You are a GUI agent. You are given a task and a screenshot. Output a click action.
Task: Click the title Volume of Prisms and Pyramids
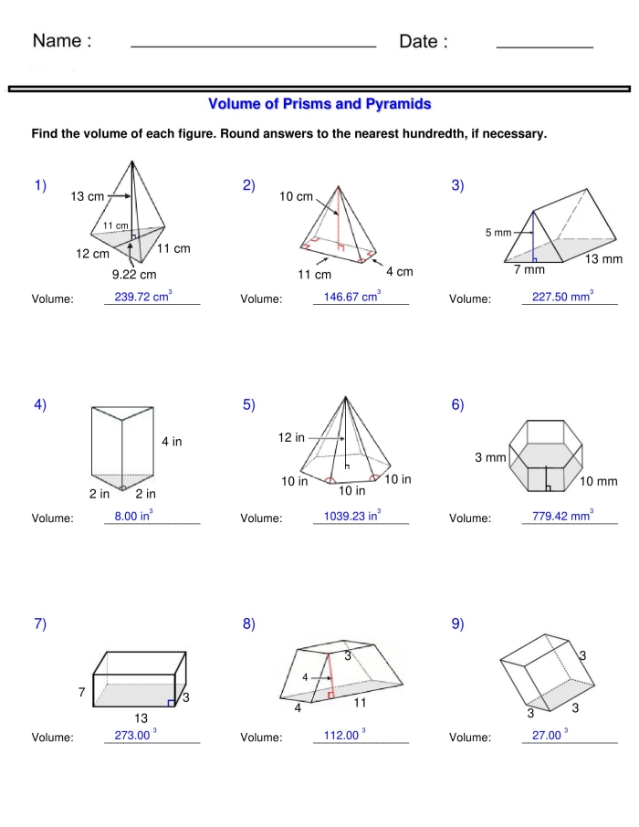(319, 105)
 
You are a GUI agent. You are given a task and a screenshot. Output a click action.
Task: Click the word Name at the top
(62, 42)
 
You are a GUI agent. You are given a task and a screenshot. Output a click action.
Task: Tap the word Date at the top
(424, 42)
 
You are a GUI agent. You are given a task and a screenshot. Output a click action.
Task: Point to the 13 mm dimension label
(603, 259)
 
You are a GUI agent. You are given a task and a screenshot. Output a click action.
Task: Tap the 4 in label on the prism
(172, 442)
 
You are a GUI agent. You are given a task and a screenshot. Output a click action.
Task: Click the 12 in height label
(291, 438)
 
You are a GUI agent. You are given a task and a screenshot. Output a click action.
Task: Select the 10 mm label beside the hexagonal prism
(599, 481)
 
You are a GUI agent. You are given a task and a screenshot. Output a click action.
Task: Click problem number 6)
(457, 405)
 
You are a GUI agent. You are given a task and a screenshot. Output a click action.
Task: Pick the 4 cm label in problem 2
(399, 271)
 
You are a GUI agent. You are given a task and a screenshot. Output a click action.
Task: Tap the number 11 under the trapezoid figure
(360, 703)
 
